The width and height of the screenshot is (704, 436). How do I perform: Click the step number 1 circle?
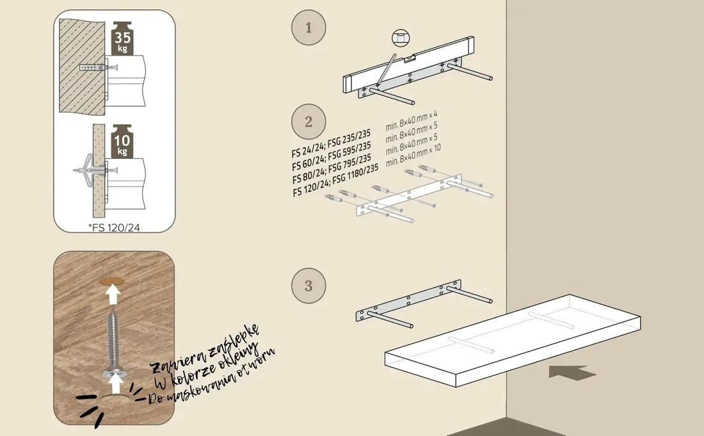308,28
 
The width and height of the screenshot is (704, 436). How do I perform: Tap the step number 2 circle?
308,122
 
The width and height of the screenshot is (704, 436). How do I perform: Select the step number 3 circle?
308,286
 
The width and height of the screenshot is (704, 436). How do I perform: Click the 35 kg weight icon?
123,38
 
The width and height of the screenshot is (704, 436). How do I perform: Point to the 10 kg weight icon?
122,141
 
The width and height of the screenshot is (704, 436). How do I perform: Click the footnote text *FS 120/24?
114,228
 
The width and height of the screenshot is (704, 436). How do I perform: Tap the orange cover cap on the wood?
112,282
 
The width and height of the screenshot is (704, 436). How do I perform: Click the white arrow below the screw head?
116,385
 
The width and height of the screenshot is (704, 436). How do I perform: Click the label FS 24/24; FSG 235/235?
331,143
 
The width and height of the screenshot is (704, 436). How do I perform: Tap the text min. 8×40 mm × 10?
413,155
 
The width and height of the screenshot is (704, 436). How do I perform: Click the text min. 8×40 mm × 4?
412,121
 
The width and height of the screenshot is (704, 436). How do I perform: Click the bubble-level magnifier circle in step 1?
401,38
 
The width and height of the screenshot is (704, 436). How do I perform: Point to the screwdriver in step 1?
386,70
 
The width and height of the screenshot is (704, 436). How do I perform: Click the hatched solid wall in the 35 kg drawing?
82,66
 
